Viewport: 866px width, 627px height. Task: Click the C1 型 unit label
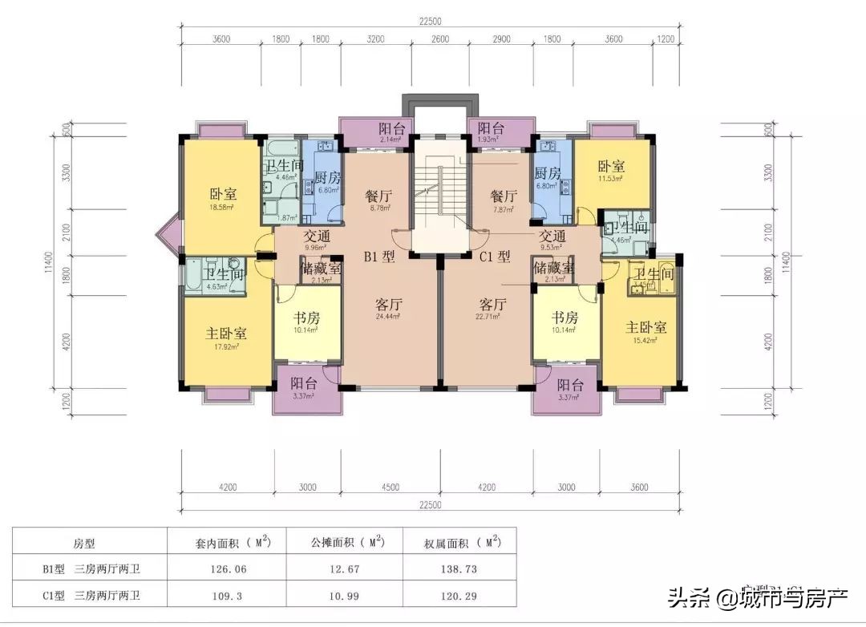coord(495,257)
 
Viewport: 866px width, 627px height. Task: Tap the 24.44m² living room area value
coord(388,317)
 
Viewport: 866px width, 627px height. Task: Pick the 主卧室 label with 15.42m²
coord(646,327)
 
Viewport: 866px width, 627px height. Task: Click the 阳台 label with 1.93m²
coord(491,127)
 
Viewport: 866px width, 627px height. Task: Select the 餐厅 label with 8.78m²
coord(378,196)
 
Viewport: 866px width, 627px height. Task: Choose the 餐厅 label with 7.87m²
coord(504,196)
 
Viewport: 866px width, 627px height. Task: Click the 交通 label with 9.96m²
coord(318,237)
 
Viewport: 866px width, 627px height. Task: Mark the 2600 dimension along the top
coord(439,38)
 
